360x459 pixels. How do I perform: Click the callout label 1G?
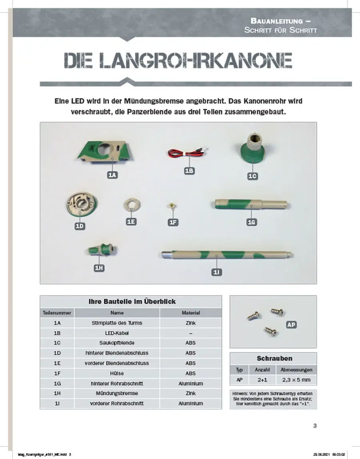point(251,222)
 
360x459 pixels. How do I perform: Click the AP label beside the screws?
point(292,325)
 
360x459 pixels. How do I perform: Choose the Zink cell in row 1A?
point(191,323)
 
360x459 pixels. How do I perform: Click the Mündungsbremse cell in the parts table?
point(117,393)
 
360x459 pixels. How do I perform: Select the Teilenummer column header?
point(57,313)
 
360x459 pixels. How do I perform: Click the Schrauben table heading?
point(274,358)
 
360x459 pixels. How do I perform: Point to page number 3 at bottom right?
point(315,426)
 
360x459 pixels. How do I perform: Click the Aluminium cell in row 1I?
point(191,403)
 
